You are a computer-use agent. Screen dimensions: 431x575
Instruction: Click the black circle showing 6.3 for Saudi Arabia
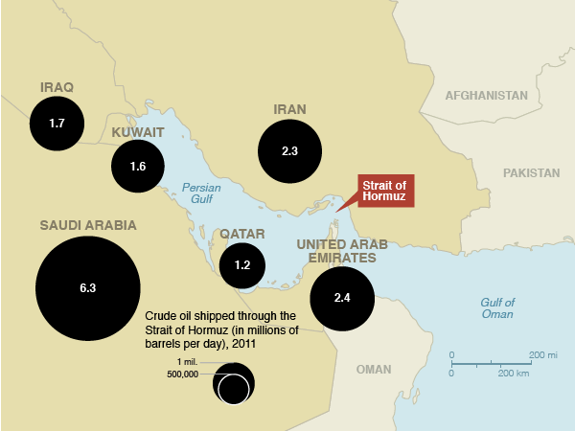88,288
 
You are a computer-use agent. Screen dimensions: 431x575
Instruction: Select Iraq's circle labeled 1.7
57,124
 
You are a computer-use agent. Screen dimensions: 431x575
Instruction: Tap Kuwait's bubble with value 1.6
138,167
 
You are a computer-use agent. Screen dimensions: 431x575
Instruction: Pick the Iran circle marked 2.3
289,151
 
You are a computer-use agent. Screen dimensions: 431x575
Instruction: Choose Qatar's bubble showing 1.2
242,265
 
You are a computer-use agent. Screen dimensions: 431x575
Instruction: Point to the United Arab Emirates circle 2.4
342,298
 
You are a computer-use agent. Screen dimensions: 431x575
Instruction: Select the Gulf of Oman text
496,307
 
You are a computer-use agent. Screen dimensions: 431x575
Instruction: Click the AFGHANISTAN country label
486,96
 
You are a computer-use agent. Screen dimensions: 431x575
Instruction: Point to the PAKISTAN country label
530,173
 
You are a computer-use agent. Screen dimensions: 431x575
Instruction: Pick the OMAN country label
373,370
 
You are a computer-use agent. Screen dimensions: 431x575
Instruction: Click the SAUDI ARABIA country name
88,225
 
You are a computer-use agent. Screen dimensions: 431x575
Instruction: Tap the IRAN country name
289,109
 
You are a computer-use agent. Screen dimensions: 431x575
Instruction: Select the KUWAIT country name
139,131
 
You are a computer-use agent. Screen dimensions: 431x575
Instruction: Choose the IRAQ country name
57,87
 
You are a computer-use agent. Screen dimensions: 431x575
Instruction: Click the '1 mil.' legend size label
187,361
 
